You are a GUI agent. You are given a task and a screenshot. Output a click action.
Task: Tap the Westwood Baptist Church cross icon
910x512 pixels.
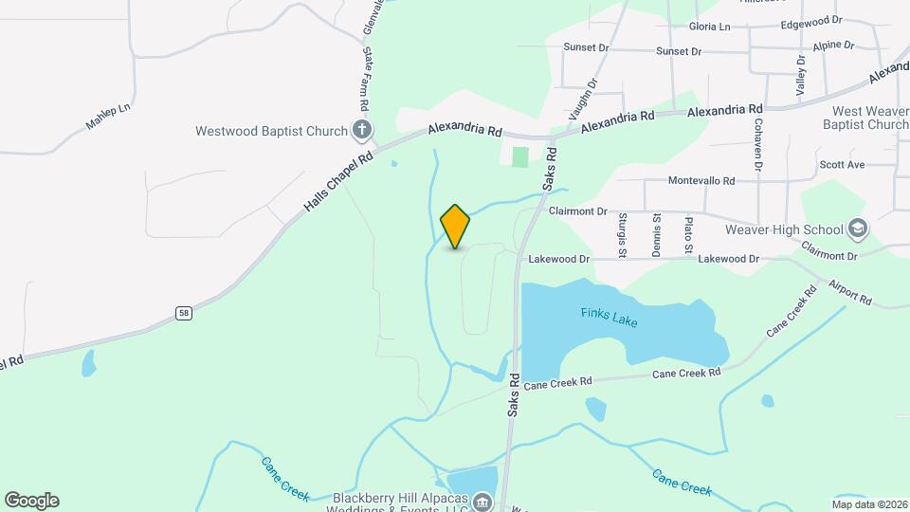(361, 131)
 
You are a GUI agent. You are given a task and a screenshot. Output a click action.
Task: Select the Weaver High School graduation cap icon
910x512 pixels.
(857, 229)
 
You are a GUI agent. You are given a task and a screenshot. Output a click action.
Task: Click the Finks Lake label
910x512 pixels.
(609, 317)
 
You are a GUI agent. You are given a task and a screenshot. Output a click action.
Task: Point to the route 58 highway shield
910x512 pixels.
(184, 313)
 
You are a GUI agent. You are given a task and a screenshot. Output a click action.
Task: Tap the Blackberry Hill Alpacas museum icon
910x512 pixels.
(482, 501)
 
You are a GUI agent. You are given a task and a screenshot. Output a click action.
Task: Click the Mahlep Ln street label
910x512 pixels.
(107, 117)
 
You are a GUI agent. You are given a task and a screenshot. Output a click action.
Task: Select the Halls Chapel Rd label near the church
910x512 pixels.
(338, 181)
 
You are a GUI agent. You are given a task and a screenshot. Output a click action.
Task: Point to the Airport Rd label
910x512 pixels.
(849, 292)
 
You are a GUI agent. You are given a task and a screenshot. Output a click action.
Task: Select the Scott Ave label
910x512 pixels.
(842, 164)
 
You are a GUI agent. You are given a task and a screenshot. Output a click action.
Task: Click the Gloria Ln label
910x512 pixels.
(710, 27)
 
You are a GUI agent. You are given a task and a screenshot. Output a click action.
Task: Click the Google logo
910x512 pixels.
(31, 501)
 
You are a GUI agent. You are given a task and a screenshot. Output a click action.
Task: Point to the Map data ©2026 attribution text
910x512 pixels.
(868, 503)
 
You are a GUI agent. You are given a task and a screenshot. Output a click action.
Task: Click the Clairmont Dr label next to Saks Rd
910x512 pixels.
(577, 212)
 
